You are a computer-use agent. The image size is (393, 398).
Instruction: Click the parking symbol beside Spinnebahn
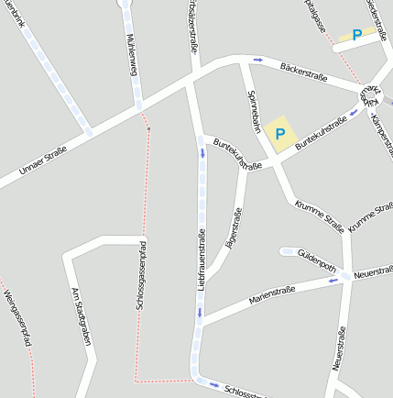[280, 135]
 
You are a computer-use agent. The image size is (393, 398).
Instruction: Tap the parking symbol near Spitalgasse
[356, 36]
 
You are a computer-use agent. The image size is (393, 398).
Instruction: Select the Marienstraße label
[272, 295]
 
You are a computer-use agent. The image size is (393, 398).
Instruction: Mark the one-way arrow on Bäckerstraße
[258, 61]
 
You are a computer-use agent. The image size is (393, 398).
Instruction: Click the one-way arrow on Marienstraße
[333, 281]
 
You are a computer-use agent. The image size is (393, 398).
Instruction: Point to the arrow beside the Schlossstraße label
[213, 384]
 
